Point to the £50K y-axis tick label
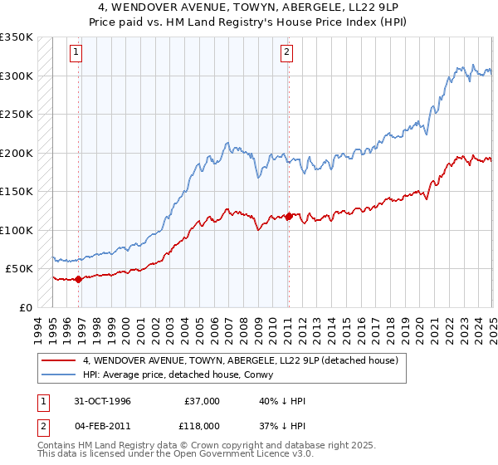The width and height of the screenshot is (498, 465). [19, 269]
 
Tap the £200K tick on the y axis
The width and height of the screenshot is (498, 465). [16, 154]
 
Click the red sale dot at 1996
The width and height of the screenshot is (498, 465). [79, 279]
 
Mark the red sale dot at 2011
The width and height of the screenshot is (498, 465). [289, 217]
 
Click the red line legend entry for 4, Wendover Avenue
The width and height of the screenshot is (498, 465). [241, 360]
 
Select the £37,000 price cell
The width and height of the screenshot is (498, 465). [203, 400]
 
